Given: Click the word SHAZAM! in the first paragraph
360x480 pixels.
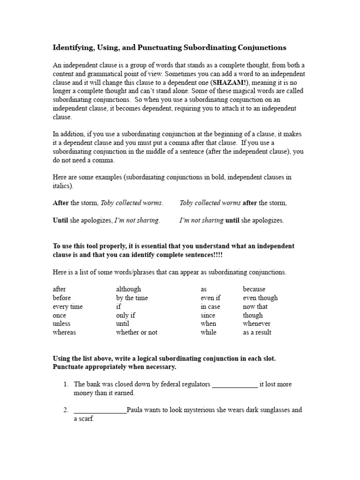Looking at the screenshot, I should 204,83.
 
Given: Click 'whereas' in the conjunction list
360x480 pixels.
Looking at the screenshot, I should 64,332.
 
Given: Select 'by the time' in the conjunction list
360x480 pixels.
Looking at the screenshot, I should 132,298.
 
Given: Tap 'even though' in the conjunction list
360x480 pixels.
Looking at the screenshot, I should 260,298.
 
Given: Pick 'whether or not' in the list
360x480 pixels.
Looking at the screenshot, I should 137,332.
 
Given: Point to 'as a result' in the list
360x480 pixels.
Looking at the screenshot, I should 257,332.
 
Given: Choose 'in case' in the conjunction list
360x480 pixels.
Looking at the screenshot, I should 210,307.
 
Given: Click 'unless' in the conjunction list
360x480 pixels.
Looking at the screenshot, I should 62,323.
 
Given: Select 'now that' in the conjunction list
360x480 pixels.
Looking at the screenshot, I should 255,307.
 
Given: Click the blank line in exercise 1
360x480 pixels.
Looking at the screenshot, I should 235,385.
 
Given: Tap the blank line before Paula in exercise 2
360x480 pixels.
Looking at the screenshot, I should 100,411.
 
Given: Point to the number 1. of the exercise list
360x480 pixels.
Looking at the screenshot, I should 66,384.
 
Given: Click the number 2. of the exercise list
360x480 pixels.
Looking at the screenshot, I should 66,410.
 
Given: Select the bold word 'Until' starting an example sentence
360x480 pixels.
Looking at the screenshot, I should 60,220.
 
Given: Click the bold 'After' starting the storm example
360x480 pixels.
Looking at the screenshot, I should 60,203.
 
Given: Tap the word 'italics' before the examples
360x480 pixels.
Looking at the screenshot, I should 63,186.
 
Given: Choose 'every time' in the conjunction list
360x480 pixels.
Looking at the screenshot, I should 68,307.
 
